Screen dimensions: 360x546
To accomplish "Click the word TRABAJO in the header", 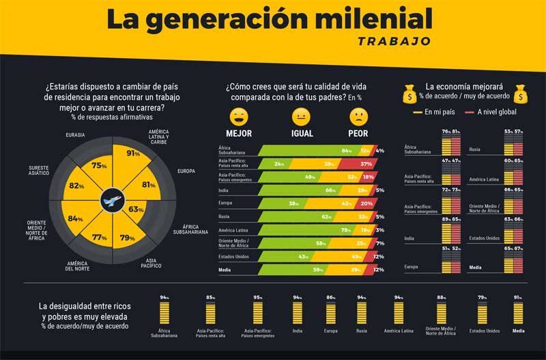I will click(x=394, y=40).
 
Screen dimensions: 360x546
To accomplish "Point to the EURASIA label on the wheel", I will click(x=75, y=135).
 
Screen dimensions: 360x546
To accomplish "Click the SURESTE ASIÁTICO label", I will click(x=39, y=170).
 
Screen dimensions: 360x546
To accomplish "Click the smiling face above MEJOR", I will click(x=238, y=115).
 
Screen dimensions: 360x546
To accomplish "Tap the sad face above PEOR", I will click(x=358, y=115).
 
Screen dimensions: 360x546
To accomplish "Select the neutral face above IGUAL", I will click(x=301, y=115).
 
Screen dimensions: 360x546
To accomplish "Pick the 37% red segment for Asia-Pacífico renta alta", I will click(x=365, y=164).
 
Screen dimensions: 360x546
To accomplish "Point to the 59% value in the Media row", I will click(x=318, y=270).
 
